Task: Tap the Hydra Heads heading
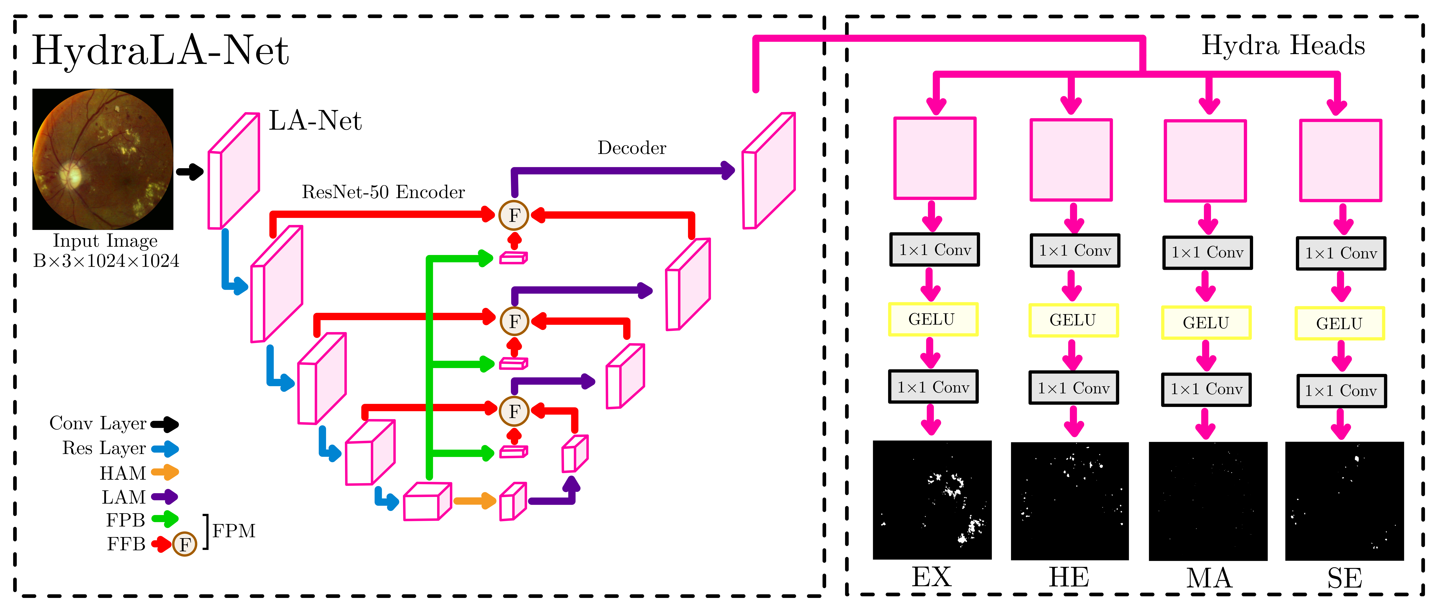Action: pos(1283,45)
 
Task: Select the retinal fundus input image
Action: pos(103,159)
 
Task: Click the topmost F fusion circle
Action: pos(514,215)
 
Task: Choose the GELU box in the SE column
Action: pos(1339,323)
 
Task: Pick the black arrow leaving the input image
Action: pos(190,172)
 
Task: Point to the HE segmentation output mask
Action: pos(1069,501)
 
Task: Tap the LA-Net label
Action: pos(315,121)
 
